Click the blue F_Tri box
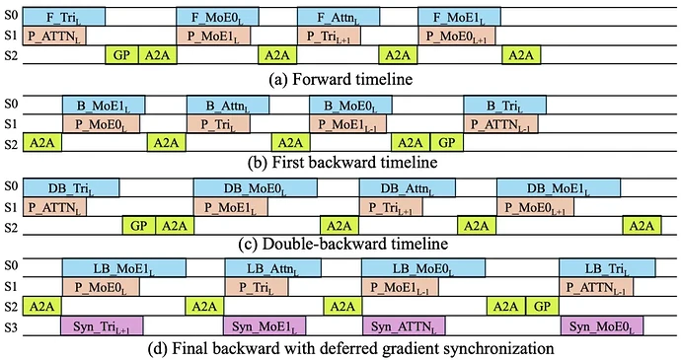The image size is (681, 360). point(64,17)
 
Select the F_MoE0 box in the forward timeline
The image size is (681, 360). point(217,17)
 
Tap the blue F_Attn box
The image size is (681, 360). point(339,17)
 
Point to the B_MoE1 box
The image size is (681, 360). point(104,106)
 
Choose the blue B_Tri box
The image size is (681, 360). point(504,106)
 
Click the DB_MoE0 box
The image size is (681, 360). point(256,187)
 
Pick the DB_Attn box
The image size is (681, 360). point(408,187)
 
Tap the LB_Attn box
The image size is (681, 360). point(272,268)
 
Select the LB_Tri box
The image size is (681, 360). point(607,268)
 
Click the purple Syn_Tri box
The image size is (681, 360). point(102,326)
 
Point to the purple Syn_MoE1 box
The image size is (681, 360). point(265,326)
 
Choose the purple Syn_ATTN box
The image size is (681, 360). point(404,326)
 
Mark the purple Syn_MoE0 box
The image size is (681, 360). point(601,326)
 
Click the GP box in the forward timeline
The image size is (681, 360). point(121,55)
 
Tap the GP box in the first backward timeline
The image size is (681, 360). point(447,142)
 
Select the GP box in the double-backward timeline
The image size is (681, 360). point(139,226)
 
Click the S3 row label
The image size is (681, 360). point(11,326)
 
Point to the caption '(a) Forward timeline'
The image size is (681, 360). point(340,79)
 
